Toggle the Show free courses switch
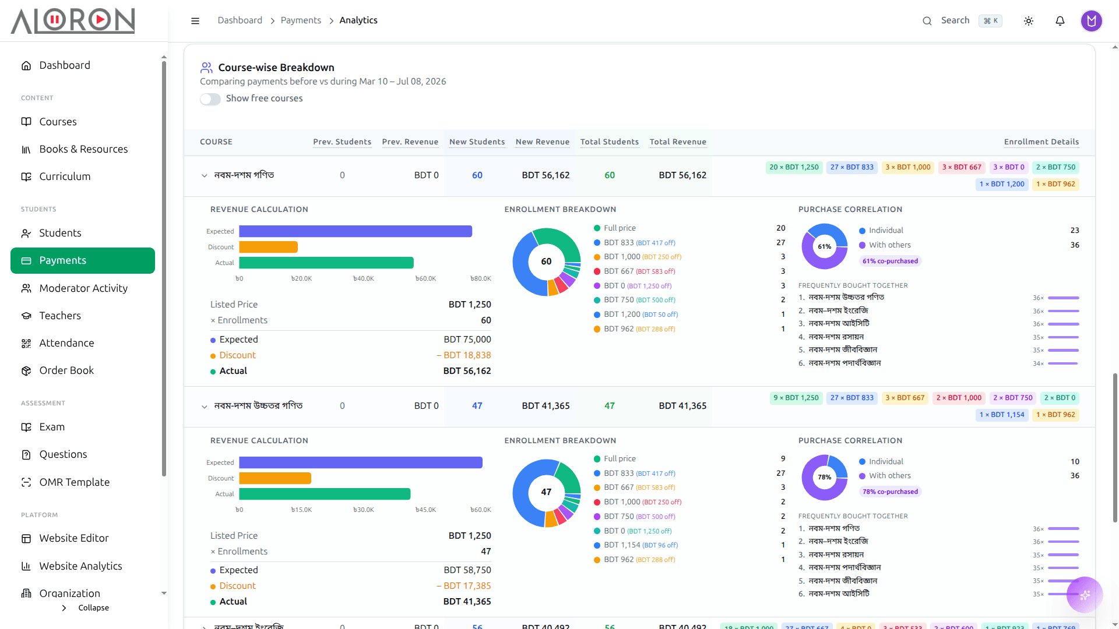[210, 99]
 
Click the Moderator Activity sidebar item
[83, 288]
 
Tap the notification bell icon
[1060, 21]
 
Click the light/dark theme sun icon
[1029, 21]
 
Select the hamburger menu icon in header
[195, 21]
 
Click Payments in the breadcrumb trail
[301, 20]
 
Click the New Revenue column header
[543, 142]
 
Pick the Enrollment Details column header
[1041, 142]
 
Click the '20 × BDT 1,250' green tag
[794, 167]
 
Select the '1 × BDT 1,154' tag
[1002, 415]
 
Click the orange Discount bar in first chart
[269, 247]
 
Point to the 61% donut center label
[824, 246]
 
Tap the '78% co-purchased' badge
[890, 492]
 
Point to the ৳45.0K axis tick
[425, 510]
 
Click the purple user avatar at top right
[1092, 21]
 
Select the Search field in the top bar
[962, 21]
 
